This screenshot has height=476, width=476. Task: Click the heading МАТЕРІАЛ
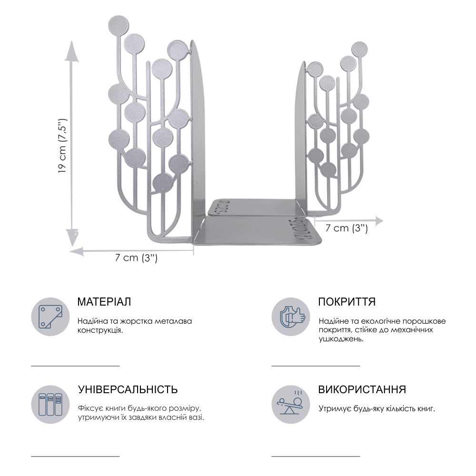[x=104, y=302]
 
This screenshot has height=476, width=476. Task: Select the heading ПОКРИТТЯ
[x=347, y=302]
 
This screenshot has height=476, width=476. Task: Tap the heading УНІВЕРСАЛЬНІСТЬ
[x=128, y=389]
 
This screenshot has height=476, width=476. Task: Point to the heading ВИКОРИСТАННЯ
[x=362, y=389]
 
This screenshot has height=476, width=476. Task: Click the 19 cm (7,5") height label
[x=62, y=145]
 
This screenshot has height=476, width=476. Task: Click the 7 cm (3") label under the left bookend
[x=136, y=258]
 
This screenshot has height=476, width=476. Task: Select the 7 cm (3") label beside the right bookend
[x=347, y=228]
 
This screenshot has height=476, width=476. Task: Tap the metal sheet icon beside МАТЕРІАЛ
[x=50, y=317]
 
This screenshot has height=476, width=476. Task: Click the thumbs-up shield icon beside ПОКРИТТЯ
[x=291, y=317]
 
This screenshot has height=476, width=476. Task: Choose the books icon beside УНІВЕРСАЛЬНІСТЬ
[x=50, y=404]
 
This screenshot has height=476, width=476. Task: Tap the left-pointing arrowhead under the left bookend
[x=77, y=251]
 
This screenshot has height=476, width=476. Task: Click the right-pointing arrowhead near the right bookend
[x=377, y=221]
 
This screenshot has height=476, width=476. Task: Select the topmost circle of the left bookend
[x=119, y=25]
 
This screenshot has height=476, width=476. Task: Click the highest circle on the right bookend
[x=359, y=50]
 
